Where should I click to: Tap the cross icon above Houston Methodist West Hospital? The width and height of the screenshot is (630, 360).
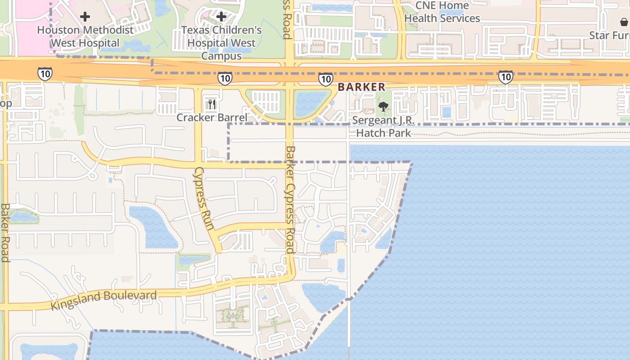85,17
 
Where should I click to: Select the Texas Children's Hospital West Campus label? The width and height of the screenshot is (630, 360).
221,43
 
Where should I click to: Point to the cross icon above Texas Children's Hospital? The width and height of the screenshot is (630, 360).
221,17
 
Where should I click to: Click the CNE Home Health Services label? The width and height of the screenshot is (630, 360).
442,12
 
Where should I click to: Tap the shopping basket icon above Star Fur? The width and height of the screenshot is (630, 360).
624,22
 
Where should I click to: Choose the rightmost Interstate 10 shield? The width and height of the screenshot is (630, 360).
505,77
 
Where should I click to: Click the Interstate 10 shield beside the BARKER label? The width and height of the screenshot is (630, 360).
325,79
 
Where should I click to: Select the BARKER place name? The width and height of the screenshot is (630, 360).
361,87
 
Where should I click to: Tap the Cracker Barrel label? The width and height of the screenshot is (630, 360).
211,118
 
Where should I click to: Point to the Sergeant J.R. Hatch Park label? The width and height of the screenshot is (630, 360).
383,126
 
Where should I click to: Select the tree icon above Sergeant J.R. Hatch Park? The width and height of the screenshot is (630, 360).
383,107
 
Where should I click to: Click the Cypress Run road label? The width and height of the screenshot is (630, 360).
203,198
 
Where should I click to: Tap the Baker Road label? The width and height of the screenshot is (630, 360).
4,232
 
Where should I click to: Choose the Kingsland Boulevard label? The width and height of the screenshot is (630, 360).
103,300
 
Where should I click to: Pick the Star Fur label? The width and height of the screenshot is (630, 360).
611,35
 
